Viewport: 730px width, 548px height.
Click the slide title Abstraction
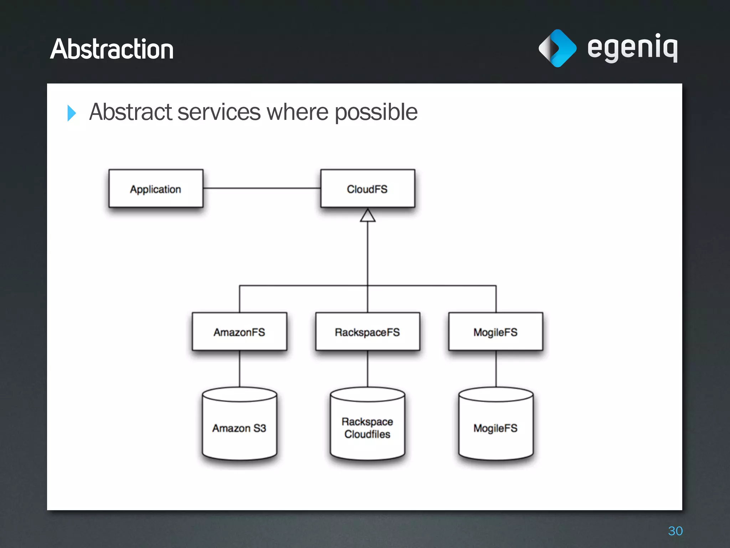tap(112, 49)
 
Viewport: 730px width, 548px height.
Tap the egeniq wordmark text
tap(632, 48)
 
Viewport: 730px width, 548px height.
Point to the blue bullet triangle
tap(72, 113)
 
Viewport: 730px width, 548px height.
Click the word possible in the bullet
tap(376, 112)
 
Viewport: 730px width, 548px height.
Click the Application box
tap(156, 189)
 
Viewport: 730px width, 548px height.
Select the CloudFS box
tap(367, 189)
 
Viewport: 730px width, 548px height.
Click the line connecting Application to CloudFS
tap(262, 188)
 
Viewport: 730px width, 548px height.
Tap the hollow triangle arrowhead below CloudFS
tap(367, 216)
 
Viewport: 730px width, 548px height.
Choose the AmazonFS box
tap(239, 332)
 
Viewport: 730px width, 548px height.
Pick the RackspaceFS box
tap(367, 332)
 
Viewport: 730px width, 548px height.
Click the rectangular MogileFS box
tap(495, 332)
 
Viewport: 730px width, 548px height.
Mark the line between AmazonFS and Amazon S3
tap(240, 369)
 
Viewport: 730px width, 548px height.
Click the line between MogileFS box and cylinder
tap(496, 369)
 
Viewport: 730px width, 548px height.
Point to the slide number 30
tap(675, 531)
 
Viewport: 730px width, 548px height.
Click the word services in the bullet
tap(219, 112)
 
